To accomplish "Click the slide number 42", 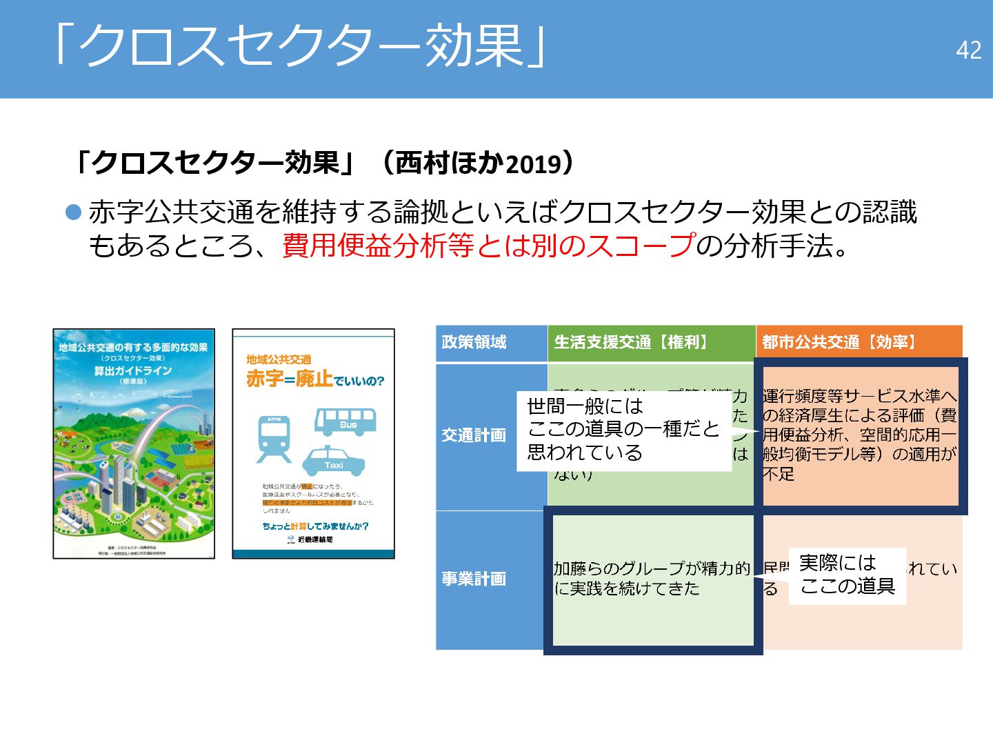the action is [968, 50].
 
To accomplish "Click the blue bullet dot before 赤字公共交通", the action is [73, 212].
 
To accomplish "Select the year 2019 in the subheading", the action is [533, 165].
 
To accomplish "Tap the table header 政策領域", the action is [474, 342].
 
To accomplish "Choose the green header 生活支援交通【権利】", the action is [632, 342].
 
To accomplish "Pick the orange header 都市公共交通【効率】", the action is [839, 342].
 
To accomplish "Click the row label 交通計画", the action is [474, 435].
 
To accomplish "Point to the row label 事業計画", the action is [474, 579].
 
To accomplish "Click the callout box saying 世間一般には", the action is [623, 430].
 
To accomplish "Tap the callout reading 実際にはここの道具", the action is [847, 575].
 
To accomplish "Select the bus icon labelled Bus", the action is [345, 421].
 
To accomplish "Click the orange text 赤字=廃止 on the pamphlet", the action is [290, 379].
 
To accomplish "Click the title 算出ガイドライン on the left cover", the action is [133, 370].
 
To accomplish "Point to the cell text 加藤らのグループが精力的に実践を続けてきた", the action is [651, 578].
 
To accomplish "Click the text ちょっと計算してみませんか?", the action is [315, 526].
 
